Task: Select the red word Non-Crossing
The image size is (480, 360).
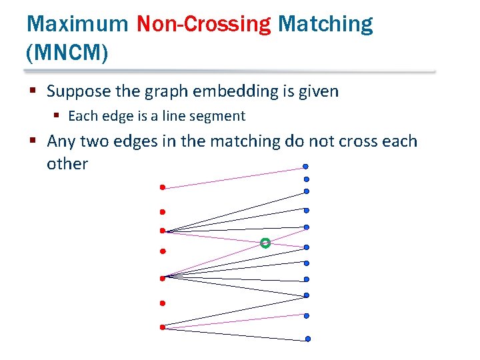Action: (x=203, y=24)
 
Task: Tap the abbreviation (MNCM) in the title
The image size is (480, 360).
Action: (x=67, y=53)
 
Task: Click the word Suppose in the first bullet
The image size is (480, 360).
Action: (x=77, y=91)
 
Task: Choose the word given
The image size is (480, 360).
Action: (x=317, y=91)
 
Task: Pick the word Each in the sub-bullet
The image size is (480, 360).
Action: (x=83, y=116)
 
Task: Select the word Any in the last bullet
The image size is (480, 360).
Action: (x=61, y=141)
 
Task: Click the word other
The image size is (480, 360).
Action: (x=67, y=164)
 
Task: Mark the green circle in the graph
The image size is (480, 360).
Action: (x=265, y=243)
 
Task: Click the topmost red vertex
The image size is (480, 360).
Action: (x=162, y=187)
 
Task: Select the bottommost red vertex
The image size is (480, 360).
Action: (x=162, y=327)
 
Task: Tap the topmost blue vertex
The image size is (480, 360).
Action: (x=305, y=166)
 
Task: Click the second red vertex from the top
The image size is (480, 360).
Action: (x=161, y=212)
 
